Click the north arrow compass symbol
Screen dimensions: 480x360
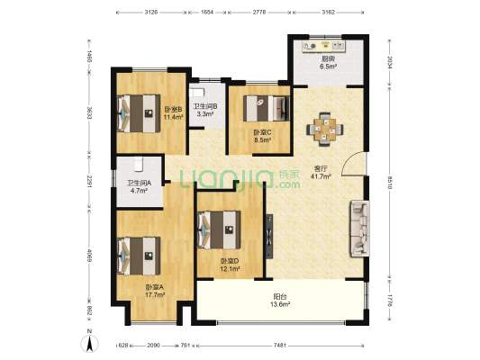pos(89,343)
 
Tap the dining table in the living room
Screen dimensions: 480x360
pos(325,130)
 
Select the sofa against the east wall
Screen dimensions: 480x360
pos(359,229)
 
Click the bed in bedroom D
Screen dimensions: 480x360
pos(219,229)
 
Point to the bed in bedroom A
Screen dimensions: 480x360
pos(139,256)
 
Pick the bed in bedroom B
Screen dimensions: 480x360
pos(139,113)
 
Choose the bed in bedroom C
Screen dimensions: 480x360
pos(267,109)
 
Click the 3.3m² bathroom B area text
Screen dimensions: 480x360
pos(205,114)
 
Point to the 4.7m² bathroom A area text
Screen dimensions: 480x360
pos(139,191)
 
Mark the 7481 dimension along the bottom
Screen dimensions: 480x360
pos(280,346)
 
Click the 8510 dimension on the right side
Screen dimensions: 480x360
pos(389,183)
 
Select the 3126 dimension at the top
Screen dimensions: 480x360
pos(151,13)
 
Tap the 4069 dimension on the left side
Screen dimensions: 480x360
pos(89,256)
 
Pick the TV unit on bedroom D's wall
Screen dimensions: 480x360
pos(269,237)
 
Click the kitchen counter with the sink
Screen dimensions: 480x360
pos(323,47)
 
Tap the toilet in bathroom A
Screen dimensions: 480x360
pos(139,164)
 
